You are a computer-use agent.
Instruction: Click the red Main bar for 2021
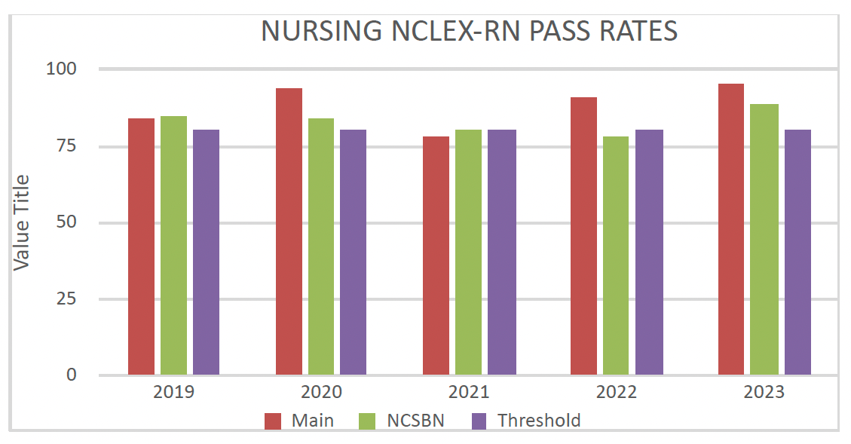[x=436, y=256]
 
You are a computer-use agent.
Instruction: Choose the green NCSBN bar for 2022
[x=615, y=256]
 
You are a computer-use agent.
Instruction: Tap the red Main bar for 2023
[x=731, y=229]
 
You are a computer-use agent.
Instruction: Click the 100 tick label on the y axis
[x=63, y=69]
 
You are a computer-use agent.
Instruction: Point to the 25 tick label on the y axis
[x=67, y=299]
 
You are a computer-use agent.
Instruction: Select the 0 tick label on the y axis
[x=72, y=375]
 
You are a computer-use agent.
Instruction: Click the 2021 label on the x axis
[x=469, y=393]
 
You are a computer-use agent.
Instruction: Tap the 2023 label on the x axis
[x=764, y=393]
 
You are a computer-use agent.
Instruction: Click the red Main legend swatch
[x=273, y=421]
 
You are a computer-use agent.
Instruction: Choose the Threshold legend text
[x=539, y=421]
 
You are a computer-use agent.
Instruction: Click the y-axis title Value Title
[x=22, y=222]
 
